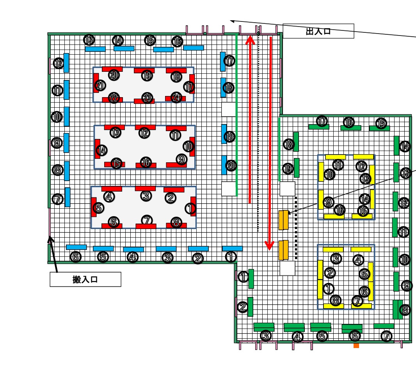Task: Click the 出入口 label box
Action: pyautogui.click(x=318, y=31)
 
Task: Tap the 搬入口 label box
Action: pyautogui.click(x=85, y=279)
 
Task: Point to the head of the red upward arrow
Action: pyautogui.click(x=250, y=40)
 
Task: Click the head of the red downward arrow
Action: pyautogui.click(x=269, y=246)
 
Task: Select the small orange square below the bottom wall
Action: pyautogui.click(x=356, y=346)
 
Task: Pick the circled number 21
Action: pyautogui.click(x=100, y=85)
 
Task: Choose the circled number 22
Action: pyautogui.click(x=114, y=98)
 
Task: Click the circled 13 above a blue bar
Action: pyautogui.click(x=89, y=40)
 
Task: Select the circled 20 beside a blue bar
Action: pyautogui.click(x=231, y=166)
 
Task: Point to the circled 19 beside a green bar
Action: pyautogui.click(x=288, y=169)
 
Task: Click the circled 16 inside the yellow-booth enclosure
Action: pyautogui.click(x=340, y=210)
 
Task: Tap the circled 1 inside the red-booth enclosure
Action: pyautogui.click(x=190, y=208)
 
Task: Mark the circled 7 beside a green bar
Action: pyautogui.click(x=386, y=336)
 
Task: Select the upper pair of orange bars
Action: pyautogui.click(x=284, y=220)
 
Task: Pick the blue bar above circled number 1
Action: pyautogui.click(x=232, y=249)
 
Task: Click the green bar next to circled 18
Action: pyautogui.click(x=296, y=142)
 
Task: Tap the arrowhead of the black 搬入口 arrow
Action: pyautogui.click(x=50, y=239)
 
